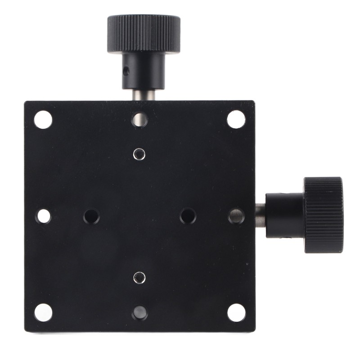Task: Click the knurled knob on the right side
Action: coord(323,215)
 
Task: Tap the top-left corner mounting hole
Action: coord(43,120)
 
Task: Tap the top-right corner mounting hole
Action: coord(236,119)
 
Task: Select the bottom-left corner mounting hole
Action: coord(43,312)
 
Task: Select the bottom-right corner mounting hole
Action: coord(236,312)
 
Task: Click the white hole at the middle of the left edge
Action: coord(44,216)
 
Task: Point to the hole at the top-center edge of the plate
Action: coord(139,119)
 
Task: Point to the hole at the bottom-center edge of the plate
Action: coord(139,313)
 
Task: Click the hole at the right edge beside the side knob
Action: coord(236,216)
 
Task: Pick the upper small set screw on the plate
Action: coord(139,154)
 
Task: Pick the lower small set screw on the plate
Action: coord(139,278)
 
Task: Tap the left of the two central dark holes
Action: coord(91,216)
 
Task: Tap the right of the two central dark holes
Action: coord(188,216)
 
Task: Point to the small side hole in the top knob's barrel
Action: coord(126,71)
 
